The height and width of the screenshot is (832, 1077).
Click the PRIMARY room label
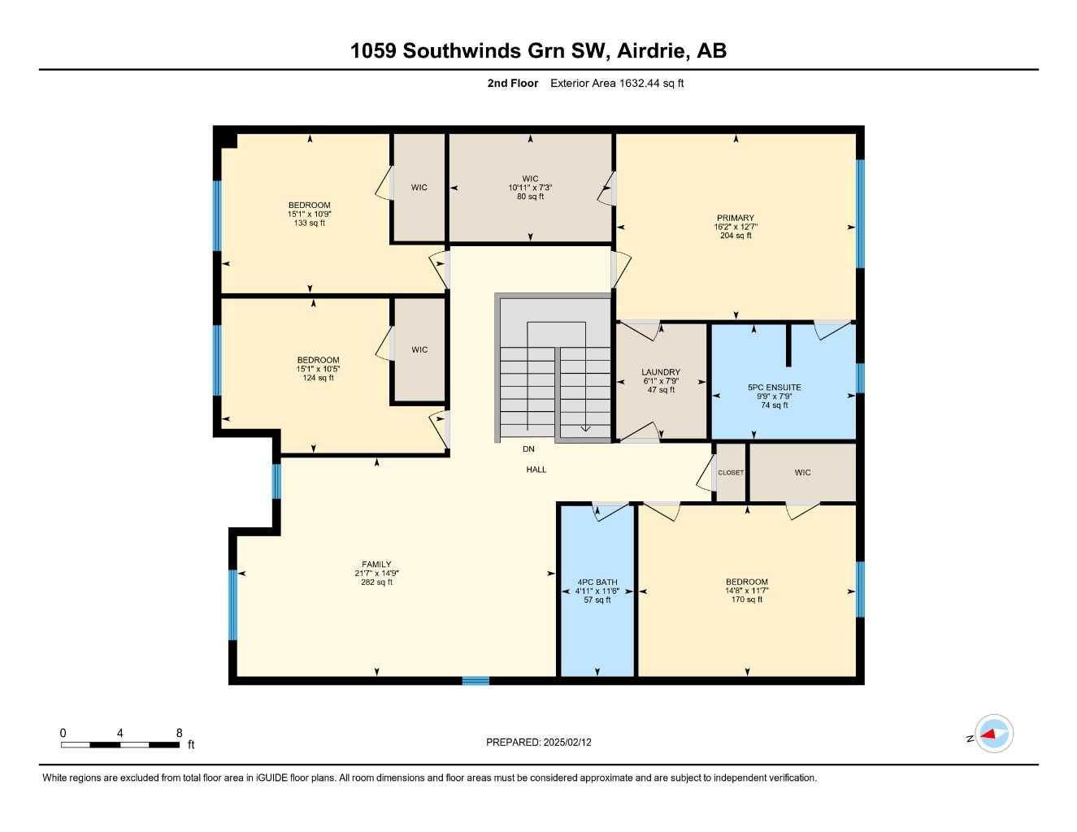736,218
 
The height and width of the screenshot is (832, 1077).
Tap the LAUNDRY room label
661,372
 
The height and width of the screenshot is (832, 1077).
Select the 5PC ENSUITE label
775,388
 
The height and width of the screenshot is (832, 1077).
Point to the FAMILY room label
376,564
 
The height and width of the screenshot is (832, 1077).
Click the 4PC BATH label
597,582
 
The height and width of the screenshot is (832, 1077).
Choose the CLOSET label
731,473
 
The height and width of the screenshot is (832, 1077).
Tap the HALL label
536,470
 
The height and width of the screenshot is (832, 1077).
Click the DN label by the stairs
528,448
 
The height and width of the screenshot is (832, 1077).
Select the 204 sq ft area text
736,236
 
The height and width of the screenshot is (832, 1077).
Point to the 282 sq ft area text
376,582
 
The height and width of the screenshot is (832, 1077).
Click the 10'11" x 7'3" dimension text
530,188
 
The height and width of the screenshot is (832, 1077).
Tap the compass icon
993,734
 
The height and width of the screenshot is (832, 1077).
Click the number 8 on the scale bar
179,733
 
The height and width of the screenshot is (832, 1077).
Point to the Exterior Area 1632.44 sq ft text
617,83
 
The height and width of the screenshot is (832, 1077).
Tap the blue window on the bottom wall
476,680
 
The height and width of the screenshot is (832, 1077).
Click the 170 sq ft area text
747,600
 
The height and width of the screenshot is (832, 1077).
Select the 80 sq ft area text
530,197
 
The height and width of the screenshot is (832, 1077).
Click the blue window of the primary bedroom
860,213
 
